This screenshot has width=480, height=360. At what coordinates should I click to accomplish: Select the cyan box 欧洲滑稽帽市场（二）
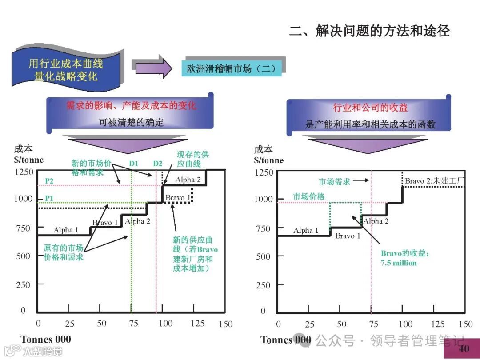pyautogui.click(x=231, y=68)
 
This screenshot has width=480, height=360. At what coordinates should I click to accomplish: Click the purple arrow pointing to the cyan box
pyautogui.click(x=154, y=68)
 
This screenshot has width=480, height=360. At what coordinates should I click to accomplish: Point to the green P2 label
pyautogui.click(x=48, y=181)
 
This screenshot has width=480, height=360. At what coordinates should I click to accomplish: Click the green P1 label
pyautogui.click(x=48, y=198)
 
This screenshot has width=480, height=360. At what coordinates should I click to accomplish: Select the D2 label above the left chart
pyautogui.click(x=158, y=164)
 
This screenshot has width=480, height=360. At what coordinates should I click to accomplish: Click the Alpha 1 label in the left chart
pyautogui.click(x=66, y=230)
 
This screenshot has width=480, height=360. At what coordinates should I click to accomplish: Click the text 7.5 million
pyautogui.click(x=399, y=263)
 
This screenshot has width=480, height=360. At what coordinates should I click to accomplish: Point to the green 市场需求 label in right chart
pyautogui.click(x=334, y=181)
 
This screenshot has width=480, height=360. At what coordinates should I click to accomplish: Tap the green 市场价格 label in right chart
pyautogui.click(x=308, y=196)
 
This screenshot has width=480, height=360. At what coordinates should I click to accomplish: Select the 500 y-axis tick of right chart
pyautogui.click(x=263, y=256)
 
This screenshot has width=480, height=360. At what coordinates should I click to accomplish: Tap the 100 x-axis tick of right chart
pyautogui.click(x=405, y=324)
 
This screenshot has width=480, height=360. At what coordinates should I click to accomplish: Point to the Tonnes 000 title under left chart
pyautogui.click(x=46, y=340)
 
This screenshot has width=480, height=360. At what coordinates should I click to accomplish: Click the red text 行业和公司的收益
pyautogui.click(x=370, y=108)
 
